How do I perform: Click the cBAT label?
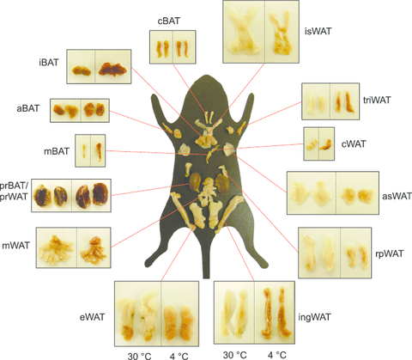pos(169,21)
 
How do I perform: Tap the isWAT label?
pos(318,31)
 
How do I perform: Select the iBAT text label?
pos(49,62)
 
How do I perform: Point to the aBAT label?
pos(28,108)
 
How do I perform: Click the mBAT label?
pos(57,151)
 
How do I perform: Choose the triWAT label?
pos(377,100)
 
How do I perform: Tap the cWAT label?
pos(354,143)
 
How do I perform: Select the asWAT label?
pos(397,196)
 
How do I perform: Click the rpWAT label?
pos(390,253)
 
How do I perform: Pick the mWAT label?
pos(16,246)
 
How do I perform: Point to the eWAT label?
pos(93,317)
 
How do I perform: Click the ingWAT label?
pos(314,317)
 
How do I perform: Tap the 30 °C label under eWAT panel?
pos(139,356)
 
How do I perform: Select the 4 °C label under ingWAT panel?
pos(277,355)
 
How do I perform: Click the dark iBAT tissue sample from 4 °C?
pos(112,69)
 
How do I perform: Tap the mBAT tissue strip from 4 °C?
pos(99,151)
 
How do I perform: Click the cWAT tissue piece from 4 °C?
pos(326,144)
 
